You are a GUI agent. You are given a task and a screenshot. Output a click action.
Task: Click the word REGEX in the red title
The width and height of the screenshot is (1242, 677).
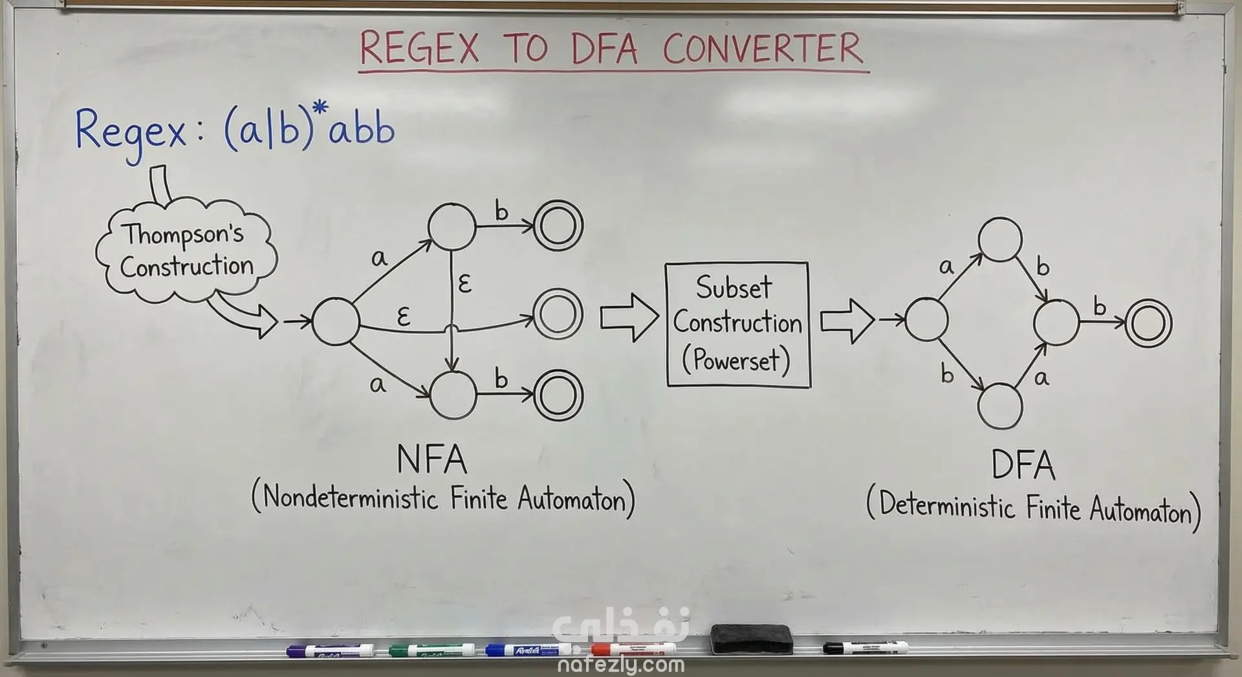pos(419,48)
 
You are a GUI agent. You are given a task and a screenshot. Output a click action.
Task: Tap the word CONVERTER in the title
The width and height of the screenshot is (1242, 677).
pos(763,48)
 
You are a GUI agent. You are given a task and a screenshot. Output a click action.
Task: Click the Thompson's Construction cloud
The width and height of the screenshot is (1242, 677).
pos(186,252)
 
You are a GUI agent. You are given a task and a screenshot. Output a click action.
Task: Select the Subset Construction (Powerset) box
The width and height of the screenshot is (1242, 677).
pos(737,324)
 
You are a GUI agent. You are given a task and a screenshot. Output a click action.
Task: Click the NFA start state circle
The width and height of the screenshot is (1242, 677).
pos(336,321)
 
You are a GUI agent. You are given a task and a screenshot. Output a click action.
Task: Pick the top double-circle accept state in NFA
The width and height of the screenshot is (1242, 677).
pos(558,226)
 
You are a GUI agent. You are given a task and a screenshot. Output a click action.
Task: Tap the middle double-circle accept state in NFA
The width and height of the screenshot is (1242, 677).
pos(558,314)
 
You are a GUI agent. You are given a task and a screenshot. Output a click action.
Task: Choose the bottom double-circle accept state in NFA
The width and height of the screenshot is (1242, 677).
pos(558,396)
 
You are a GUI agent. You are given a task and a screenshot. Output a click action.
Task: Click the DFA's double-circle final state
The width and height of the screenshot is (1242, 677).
pos(1148,324)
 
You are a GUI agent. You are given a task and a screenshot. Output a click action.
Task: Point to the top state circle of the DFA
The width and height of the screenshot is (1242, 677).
pos(1000,240)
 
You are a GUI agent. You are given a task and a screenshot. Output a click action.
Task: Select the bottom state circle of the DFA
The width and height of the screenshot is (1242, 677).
pos(1000,405)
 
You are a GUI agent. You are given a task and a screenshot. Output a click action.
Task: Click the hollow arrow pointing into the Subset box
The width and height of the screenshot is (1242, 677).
pos(628,317)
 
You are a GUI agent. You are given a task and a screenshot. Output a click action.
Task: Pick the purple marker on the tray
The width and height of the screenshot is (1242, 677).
pos(331,650)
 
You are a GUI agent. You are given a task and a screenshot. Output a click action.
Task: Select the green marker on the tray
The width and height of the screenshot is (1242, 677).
pos(431,649)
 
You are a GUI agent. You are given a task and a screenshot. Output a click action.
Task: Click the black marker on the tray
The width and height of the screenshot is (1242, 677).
pos(865,647)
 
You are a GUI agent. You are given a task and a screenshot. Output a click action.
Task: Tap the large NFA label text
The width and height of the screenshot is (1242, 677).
pos(431,460)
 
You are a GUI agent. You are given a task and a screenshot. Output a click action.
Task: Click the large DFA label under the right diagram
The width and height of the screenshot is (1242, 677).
pos(1023,465)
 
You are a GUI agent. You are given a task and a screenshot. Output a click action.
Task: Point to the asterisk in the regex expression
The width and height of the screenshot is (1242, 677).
pos(320,110)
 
